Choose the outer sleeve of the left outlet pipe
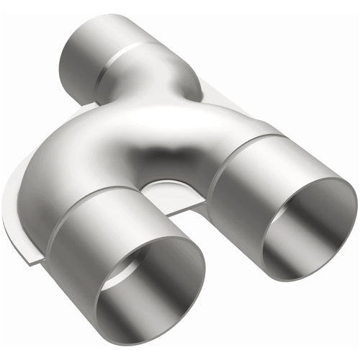(x=79, y=259)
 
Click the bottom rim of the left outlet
(x=144, y=338)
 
